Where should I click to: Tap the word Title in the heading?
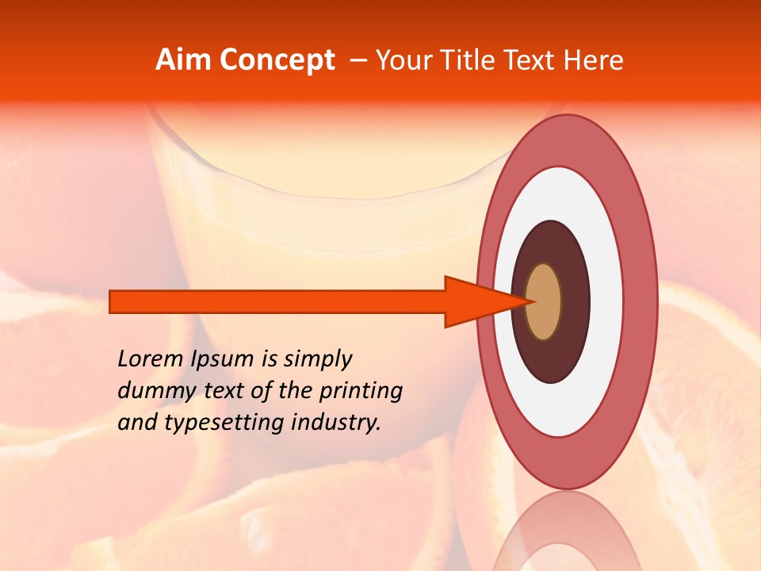pyautogui.click(x=468, y=60)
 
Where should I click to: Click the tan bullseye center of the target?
pyautogui.click(x=544, y=302)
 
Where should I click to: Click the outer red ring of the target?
pyautogui.click(x=641, y=302)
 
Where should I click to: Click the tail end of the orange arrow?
pyautogui.click(x=113, y=301)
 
